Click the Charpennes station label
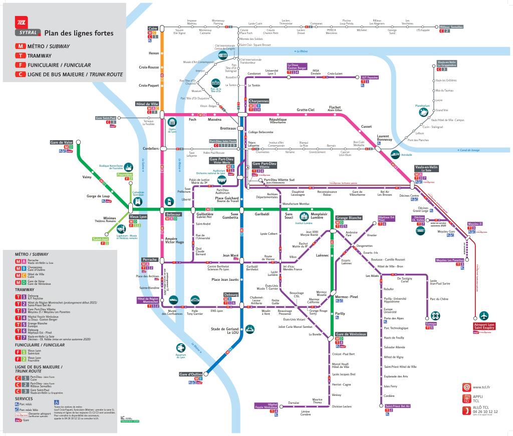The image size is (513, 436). (259, 101)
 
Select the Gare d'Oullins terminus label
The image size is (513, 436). (191, 374)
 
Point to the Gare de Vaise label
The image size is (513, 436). (62, 142)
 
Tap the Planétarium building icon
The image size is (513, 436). (423, 114)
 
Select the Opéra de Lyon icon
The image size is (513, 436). (172, 122)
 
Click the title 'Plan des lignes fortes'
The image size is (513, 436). (79, 34)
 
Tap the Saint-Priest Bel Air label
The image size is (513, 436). (398, 406)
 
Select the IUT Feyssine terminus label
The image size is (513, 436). (370, 78)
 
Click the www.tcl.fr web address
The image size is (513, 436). (481, 387)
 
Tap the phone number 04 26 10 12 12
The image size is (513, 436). (485, 411)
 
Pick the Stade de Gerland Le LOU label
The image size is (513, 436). (225, 330)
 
